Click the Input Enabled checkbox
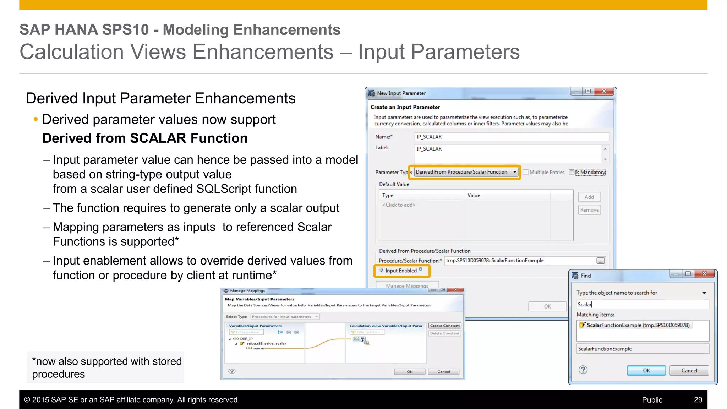click(x=382, y=271)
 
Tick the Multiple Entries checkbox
click(x=526, y=172)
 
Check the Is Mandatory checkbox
click(x=571, y=172)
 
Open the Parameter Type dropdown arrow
click(x=514, y=172)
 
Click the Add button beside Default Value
click(x=589, y=197)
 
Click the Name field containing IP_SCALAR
click(x=511, y=137)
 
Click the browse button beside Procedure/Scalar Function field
click(x=600, y=261)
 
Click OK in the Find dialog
click(x=646, y=370)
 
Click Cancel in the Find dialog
click(x=689, y=370)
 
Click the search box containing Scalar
click(x=643, y=304)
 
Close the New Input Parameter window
click(x=604, y=91)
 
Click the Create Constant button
click(x=445, y=326)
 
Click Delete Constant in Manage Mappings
click(x=445, y=333)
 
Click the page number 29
click(x=698, y=400)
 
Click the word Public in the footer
click(x=652, y=400)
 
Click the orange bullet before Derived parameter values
click(x=35, y=119)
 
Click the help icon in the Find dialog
click(x=583, y=370)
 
